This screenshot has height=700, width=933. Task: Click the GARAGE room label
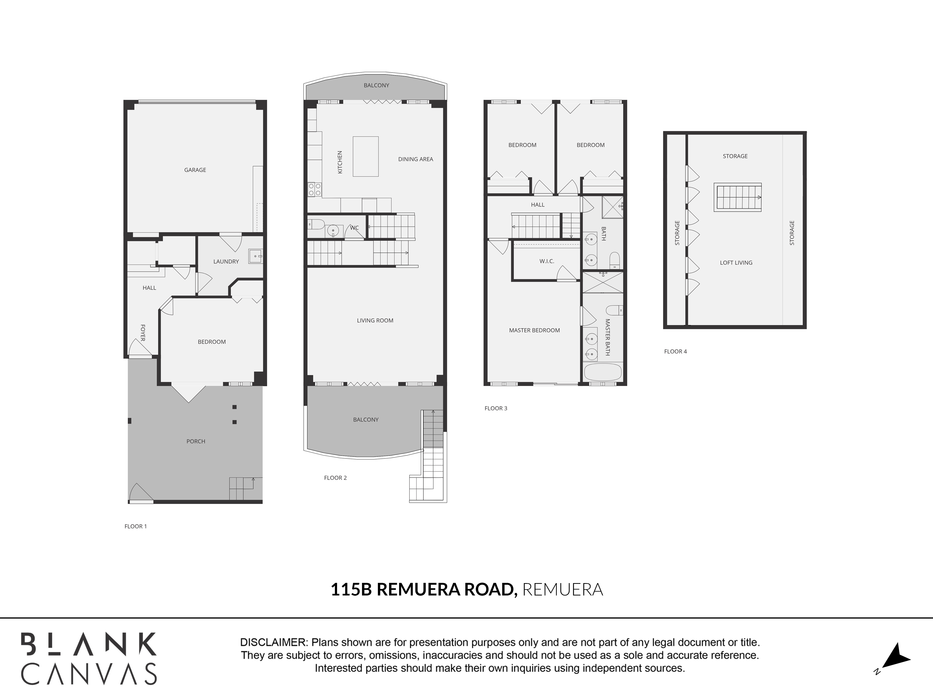[x=195, y=170]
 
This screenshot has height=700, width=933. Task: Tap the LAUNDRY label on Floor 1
[x=226, y=262]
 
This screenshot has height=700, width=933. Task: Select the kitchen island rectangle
[x=366, y=156]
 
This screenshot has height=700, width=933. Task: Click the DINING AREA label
[x=415, y=159]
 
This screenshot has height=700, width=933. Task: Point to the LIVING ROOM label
[x=375, y=321]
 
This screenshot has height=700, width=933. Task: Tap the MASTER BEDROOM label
[x=534, y=330]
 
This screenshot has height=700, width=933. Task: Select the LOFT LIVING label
[x=736, y=262]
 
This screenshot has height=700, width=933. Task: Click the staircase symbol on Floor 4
[x=738, y=197]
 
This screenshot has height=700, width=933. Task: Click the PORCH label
[x=196, y=441]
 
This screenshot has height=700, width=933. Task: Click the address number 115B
[x=351, y=589]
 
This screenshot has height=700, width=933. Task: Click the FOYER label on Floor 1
[x=143, y=333]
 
